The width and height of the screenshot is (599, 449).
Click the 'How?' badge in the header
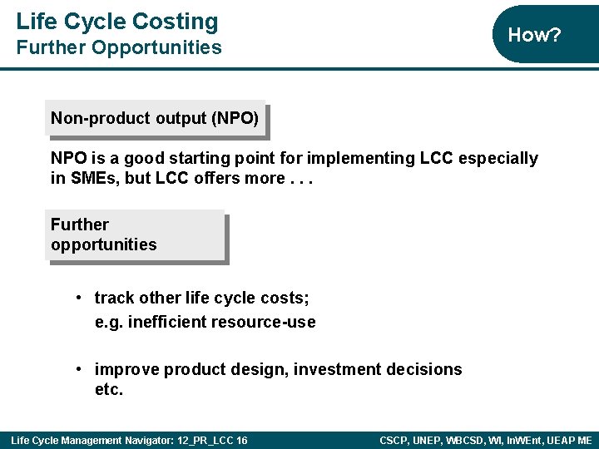tap(534, 35)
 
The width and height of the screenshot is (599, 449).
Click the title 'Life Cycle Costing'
tap(117, 22)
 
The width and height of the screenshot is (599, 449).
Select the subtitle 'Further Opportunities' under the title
tap(119, 47)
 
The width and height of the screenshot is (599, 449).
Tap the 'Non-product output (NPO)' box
tap(155, 118)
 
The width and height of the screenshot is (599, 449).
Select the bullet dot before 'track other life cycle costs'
tap(77, 298)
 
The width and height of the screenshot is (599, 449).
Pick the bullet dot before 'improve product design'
tap(77, 369)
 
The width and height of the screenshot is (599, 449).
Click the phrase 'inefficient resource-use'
tap(222, 322)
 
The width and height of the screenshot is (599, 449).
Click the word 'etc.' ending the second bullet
tap(109, 390)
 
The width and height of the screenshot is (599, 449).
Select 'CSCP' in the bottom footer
tap(394, 440)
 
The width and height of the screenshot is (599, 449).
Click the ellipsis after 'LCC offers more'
tap(301, 178)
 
